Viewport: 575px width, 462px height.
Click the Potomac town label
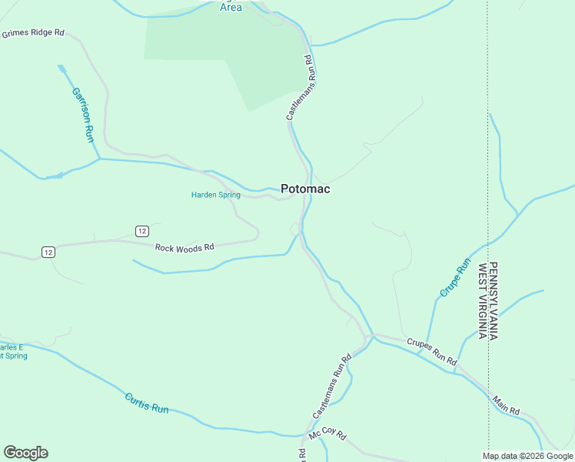(x=305, y=189)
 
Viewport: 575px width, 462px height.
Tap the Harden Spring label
(x=215, y=195)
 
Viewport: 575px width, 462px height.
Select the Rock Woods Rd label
(x=184, y=248)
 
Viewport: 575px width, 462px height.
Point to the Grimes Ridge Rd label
(x=32, y=35)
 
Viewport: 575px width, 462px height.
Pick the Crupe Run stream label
(x=454, y=278)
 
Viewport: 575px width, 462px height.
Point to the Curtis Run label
(x=146, y=403)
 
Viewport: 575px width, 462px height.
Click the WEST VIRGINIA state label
(x=483, y=301)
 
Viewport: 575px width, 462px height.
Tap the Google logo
(x=25, y=453)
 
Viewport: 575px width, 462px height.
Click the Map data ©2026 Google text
(x=528, y=456)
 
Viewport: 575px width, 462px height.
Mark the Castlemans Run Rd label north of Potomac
(x=300, y=87)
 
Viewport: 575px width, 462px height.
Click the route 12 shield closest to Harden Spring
(x=141, y=231)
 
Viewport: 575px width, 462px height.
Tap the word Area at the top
(x=231, y=7)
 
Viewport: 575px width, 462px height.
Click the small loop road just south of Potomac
(x=294, y=228)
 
